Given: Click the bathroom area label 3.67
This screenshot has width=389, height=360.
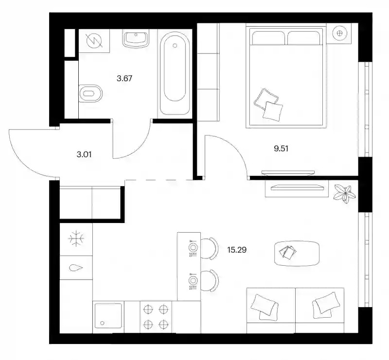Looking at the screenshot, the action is (124, 78).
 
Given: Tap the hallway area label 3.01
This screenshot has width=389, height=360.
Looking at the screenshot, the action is (84, 154).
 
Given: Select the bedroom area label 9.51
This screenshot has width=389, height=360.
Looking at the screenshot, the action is (281, 149).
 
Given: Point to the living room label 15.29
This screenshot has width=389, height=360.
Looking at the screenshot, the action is (237, 250).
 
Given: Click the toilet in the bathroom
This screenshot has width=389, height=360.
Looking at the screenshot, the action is (90, 93).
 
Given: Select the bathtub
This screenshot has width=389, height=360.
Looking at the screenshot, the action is (175, 73).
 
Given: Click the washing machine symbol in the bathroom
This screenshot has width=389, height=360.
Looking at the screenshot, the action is (94, 41).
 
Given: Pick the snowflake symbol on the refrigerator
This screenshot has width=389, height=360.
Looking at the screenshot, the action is (76, 239).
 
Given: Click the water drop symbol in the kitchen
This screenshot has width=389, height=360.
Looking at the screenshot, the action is (76, 268).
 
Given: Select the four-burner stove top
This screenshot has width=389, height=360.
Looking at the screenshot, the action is (156, 317).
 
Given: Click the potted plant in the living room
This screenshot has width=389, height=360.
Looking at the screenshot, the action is (344, 194).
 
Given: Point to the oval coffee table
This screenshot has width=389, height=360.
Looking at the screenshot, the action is (297, 253).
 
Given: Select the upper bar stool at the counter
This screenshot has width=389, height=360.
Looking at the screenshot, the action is (210, 248).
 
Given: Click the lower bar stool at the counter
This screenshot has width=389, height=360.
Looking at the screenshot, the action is (210, 281).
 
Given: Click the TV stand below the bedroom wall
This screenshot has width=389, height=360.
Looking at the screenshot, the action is (297, 189).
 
